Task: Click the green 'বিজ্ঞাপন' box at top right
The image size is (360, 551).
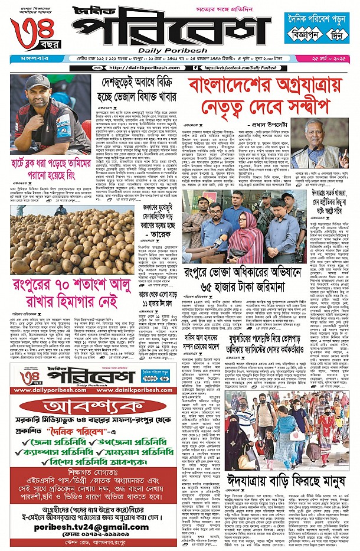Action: [302, 35]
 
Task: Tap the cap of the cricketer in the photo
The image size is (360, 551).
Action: [37, 83]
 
